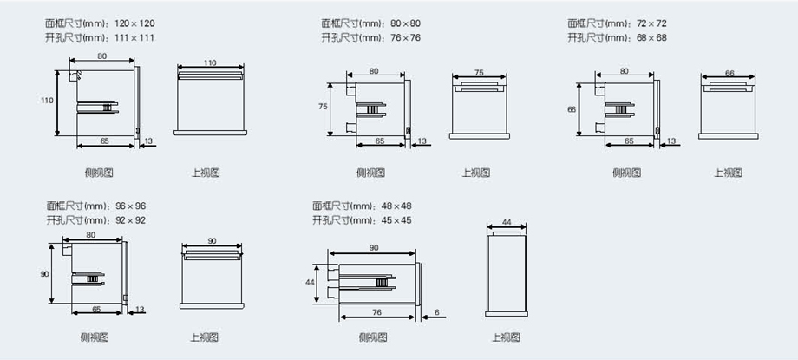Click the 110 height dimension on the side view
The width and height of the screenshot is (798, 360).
tap(47, 101)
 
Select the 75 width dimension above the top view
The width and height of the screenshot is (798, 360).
tap(479, 73)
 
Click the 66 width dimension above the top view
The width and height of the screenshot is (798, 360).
tap(729, 73)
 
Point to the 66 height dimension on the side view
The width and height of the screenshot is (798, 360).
tap(572, 109)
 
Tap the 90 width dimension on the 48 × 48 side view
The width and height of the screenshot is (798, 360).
tap(373, 248)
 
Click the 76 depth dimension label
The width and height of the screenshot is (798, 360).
tap(376, 312)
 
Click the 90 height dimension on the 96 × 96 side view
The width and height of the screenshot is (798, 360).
tap(44, 274)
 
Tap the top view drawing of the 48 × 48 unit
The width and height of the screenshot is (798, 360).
tap(506, 274)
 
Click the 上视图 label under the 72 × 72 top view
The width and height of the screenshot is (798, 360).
tap(728, 173)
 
